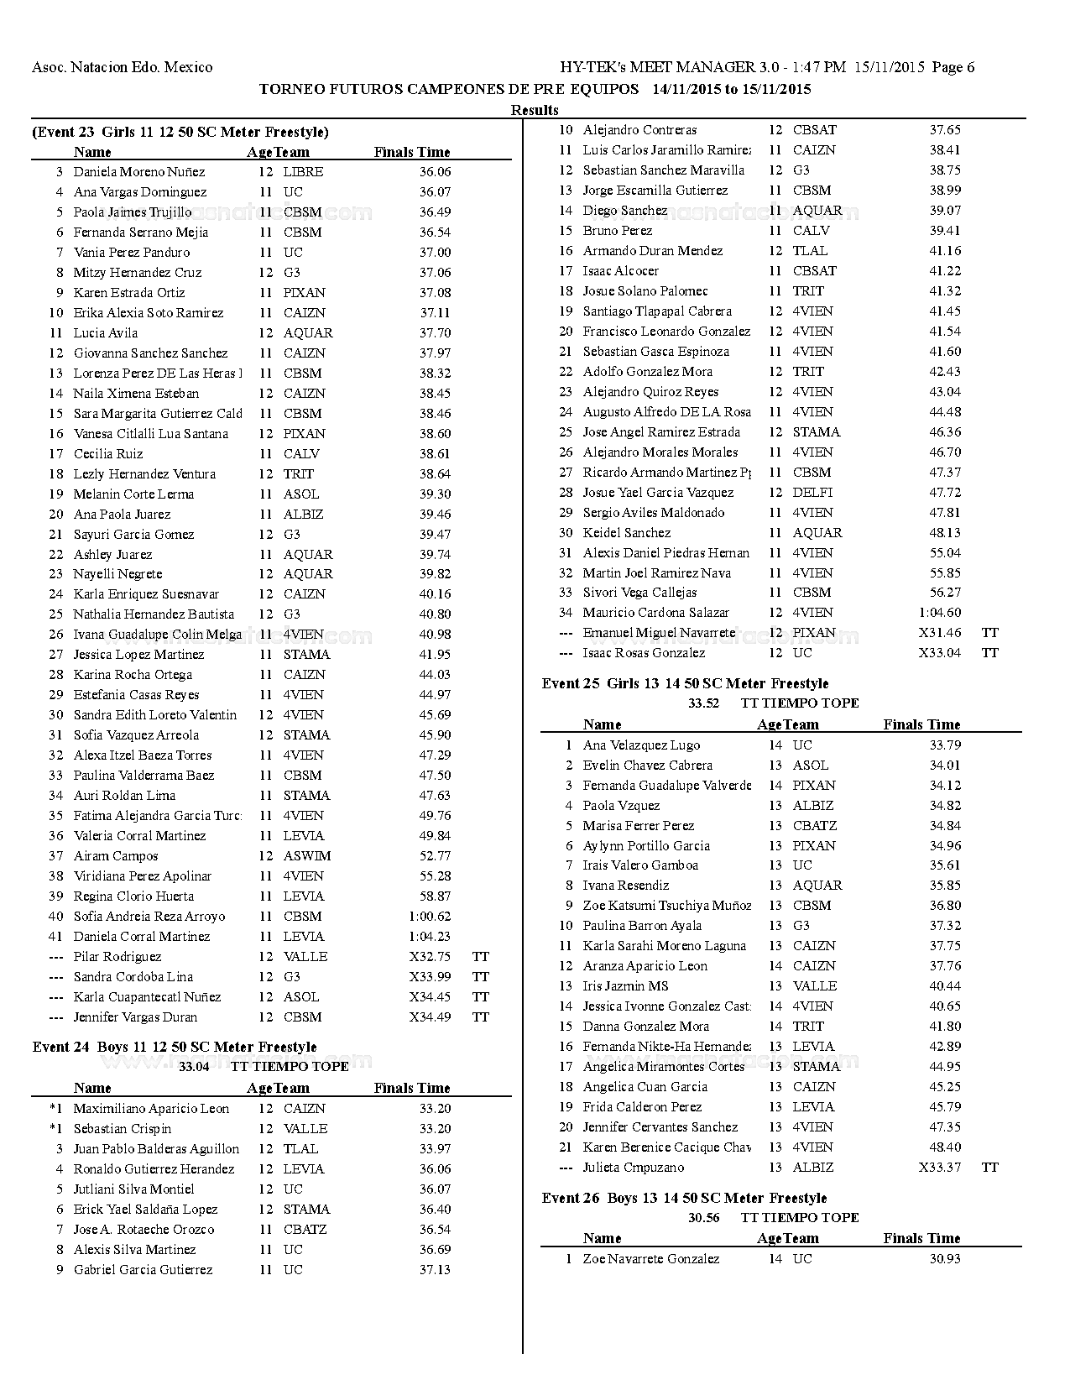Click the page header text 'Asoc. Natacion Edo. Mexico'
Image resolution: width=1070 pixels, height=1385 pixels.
[122, 67]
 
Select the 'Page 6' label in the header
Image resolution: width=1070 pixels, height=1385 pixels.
[953, 67]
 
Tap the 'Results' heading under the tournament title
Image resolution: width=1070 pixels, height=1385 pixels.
[535, 110]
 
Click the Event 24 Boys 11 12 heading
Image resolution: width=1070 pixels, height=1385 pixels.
[175, 1047]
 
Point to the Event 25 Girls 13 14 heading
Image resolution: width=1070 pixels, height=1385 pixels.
[685, 683]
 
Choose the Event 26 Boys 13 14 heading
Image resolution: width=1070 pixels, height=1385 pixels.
[684, 1198]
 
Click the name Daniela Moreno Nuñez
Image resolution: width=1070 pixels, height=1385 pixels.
[139, 171]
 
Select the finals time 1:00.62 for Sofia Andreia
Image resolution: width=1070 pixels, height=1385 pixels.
[430, 916]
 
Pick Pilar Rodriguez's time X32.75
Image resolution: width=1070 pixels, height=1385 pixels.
[430, 956]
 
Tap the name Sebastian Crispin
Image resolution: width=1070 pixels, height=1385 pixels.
[123, 1128]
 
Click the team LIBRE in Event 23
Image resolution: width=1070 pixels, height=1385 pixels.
[303, 171]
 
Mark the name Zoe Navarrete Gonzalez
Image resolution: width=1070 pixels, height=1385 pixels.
[651, 1258]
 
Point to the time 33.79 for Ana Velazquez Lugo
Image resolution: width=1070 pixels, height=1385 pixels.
[945, 745]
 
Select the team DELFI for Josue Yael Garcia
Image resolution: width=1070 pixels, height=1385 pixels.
[812, 492]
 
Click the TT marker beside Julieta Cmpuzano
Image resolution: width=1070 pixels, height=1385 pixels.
[990, 1167]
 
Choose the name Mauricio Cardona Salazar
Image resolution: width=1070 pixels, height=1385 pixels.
[656, 613]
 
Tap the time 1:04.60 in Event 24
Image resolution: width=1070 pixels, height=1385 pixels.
[940, 613]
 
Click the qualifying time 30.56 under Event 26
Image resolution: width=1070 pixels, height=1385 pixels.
[703, 1217]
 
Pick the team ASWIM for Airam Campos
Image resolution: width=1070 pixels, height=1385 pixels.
[307, 855]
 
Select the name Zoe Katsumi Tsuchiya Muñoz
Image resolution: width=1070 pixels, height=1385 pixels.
[667, 905]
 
